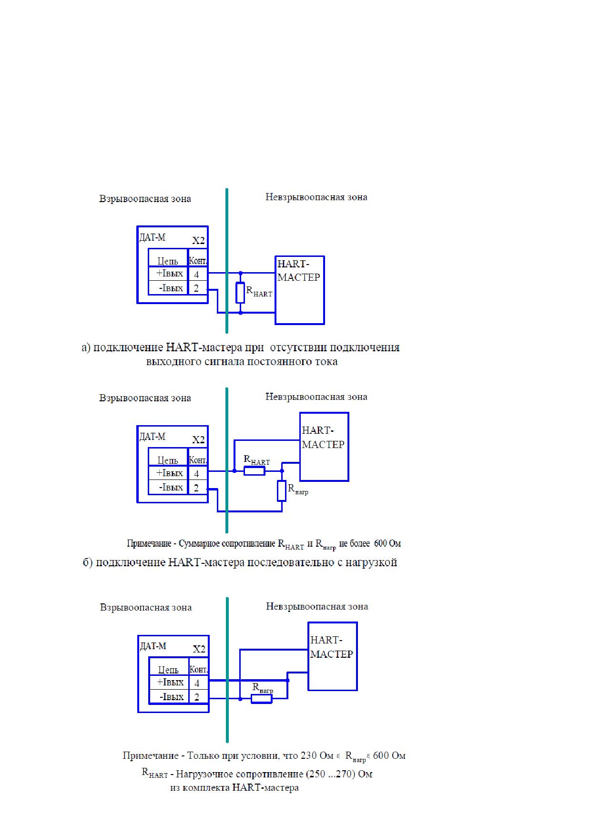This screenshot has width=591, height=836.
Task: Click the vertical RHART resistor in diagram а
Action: [240, 293]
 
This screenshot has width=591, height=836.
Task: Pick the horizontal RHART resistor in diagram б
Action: [255, 471]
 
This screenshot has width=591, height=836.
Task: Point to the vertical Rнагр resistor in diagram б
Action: [282, 491]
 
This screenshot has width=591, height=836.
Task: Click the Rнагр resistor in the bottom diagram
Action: [262, 699]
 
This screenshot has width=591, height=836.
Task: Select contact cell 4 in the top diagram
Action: [198, 274]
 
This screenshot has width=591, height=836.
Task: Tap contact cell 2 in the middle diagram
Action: [198, 488]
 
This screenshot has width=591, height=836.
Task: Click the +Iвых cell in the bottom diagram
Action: [169, 683]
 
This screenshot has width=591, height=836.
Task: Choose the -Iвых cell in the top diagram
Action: [168, 288]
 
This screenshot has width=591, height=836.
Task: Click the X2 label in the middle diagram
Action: [198, 439]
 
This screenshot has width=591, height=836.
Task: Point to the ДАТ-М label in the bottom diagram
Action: [153, 646]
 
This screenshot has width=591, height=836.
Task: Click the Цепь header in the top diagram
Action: [168, 261]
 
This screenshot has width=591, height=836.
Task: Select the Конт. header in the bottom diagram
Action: [198, 669]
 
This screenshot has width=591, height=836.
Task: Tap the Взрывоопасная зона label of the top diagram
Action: [145, 199]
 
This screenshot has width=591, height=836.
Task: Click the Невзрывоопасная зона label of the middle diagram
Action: [316, 397]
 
